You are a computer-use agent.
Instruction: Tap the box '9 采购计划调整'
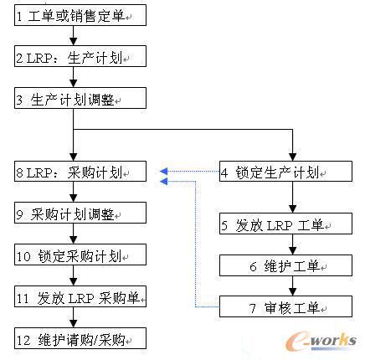[80, 213]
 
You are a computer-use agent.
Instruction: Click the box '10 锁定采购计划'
[80, 255]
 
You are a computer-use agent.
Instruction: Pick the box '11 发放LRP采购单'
[80, 297]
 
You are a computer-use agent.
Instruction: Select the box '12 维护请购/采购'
[80, 339]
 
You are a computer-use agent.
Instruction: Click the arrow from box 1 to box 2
[75, 36]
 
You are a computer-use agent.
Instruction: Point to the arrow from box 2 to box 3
[75, 78]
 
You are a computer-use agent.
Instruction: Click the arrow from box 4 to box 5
[292, 198]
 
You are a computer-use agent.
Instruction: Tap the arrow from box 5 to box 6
[292, 245]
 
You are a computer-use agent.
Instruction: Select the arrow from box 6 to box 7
[292, 286]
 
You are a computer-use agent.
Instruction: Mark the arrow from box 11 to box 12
[75, 318]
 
